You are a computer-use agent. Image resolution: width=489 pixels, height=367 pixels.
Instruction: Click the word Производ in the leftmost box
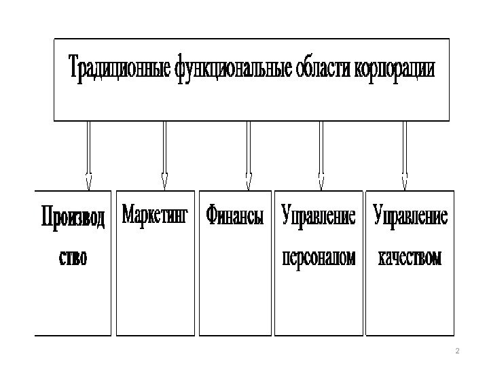(73, 220)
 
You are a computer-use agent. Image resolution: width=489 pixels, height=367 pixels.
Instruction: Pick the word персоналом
(318, 258)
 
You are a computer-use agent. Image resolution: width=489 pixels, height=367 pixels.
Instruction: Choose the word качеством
(410, 258)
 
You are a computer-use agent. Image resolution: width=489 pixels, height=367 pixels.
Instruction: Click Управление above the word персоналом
(318, 217)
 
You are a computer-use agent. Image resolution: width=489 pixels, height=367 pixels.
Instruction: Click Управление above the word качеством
(410, 217)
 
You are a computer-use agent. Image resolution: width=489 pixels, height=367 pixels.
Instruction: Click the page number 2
(457, 351)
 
